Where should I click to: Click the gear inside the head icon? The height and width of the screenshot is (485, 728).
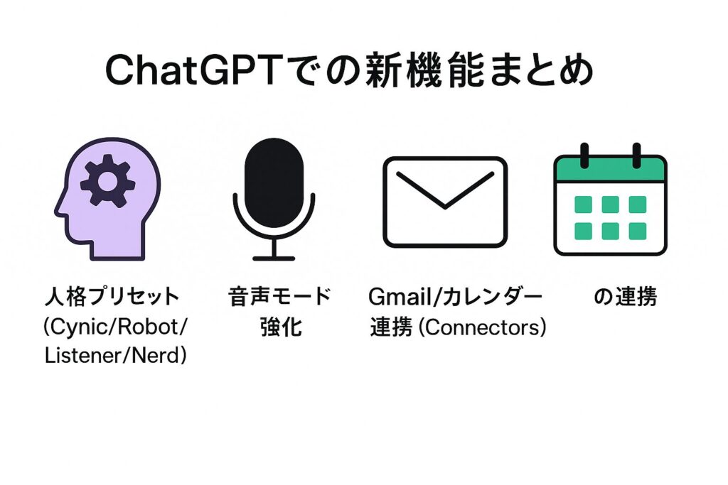pos(108,180)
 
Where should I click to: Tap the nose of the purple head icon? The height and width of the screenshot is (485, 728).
pos(58,210)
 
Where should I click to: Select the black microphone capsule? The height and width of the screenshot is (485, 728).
pos(274,182)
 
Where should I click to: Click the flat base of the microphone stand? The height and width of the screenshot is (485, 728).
pos(274,258)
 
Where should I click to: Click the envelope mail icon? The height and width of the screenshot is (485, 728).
pos(445,202)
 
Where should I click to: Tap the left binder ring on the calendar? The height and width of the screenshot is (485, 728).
pos(584,156)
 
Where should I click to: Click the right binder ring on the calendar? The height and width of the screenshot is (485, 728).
pos(636,156)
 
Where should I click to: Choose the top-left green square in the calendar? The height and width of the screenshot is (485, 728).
pos(583,205)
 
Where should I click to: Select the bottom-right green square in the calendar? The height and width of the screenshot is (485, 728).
pos(638,231)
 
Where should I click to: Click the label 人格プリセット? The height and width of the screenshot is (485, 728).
pos(112,297)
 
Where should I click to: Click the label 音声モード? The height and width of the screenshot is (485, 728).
pos(279,297)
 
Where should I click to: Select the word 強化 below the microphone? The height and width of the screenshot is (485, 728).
pos(281,327)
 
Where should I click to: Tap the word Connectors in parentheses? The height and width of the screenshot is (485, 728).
pos(483,328)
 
